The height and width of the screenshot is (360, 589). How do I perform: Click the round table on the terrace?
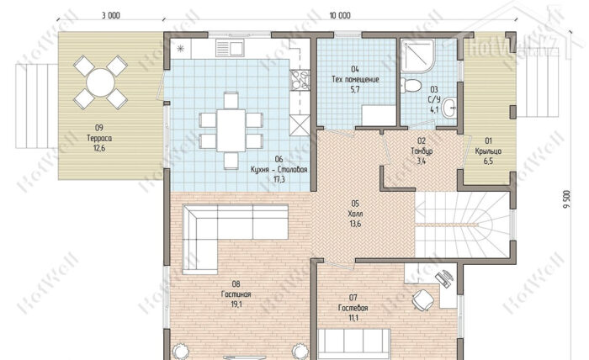[100, 82]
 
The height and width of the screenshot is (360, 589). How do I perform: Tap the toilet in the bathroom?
[410, 85]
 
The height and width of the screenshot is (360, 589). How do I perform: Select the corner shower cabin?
[417, 56]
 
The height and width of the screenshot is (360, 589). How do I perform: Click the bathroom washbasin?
[449, 108]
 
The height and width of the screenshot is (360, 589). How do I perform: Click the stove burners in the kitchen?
[300, 80]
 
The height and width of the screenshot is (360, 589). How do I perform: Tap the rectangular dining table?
[231, 130]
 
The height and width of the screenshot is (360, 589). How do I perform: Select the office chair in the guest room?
[423, 299]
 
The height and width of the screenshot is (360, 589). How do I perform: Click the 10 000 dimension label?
[340, 15]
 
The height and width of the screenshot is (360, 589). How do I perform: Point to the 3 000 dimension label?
[111, 15]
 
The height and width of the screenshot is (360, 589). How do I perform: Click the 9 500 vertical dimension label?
[567, 201]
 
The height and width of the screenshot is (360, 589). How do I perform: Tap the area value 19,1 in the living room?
[236, 304]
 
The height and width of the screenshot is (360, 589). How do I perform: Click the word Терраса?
[99, 138]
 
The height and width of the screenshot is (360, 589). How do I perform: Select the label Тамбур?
[422, 151]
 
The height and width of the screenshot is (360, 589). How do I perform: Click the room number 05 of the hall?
[355, 204]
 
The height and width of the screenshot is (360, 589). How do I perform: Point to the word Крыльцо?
[488, 151]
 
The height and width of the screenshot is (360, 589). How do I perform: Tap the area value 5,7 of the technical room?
[355, 89]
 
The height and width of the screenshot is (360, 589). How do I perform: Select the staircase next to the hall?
[462, 225]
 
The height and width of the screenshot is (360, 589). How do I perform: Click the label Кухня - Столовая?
[279, 170]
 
